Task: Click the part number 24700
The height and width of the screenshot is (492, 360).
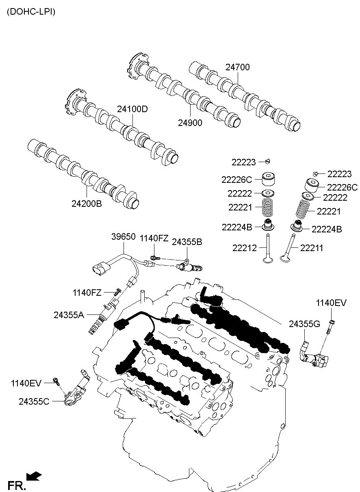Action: pyautogui.click(x=238, y=67)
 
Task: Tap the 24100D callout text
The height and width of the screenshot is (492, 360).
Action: pyautogui.click(x=132, y=109)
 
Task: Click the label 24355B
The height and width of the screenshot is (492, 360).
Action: pyautogui.click(x=187, y=242)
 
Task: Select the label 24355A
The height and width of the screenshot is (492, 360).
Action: pyautogui.click(x=69, y=314)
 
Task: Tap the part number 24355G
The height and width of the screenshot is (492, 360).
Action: pyautogui.click(x=305, y=324)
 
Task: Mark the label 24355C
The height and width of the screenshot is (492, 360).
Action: pyautogui.click(x=34, y=401)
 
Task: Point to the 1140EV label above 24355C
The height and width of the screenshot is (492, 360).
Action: pyautogui.click(x=26, y=383)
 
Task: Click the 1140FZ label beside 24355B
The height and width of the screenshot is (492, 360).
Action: pyautogui.click(x=154, y=238)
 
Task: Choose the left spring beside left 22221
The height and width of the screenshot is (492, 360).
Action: pyautogui.click(x=267, y=208)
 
